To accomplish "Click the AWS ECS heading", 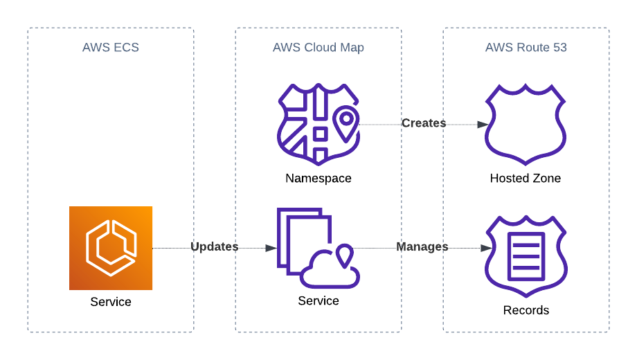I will tap(111, 48).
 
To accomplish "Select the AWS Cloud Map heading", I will tap(318, 48).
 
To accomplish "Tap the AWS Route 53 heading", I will tap(526, 48).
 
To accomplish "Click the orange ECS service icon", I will tap(111, 248).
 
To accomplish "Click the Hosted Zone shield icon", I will tap(526, 125).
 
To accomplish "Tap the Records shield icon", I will tap(526, 256).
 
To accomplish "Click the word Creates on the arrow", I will tap(424, 123).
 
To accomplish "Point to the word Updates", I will tap(215, 246).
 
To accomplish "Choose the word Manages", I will tap(422, 246).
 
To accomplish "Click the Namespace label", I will tap(318, 179).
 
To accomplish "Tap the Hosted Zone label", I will tap(526, 179).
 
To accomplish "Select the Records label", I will tap(526, 310).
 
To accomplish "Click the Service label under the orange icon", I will tap(111, 302).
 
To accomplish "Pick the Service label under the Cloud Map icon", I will tap(318, 301).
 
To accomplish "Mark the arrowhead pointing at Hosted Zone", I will tap(483, 125).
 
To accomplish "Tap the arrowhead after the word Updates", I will tap(271, 248).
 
